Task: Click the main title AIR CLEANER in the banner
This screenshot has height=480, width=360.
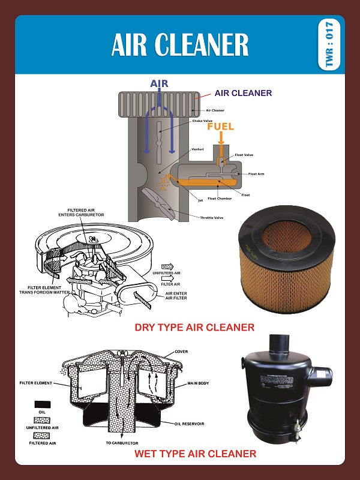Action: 180,44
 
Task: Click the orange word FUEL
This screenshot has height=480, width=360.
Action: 220,127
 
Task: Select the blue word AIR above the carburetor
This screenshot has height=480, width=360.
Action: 159,84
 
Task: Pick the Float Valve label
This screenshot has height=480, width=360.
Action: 244,155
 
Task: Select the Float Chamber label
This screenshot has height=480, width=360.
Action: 220,199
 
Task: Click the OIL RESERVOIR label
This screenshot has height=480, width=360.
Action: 189,423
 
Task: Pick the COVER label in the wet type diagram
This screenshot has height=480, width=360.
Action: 181,352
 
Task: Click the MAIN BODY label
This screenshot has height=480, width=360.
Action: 198,383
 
